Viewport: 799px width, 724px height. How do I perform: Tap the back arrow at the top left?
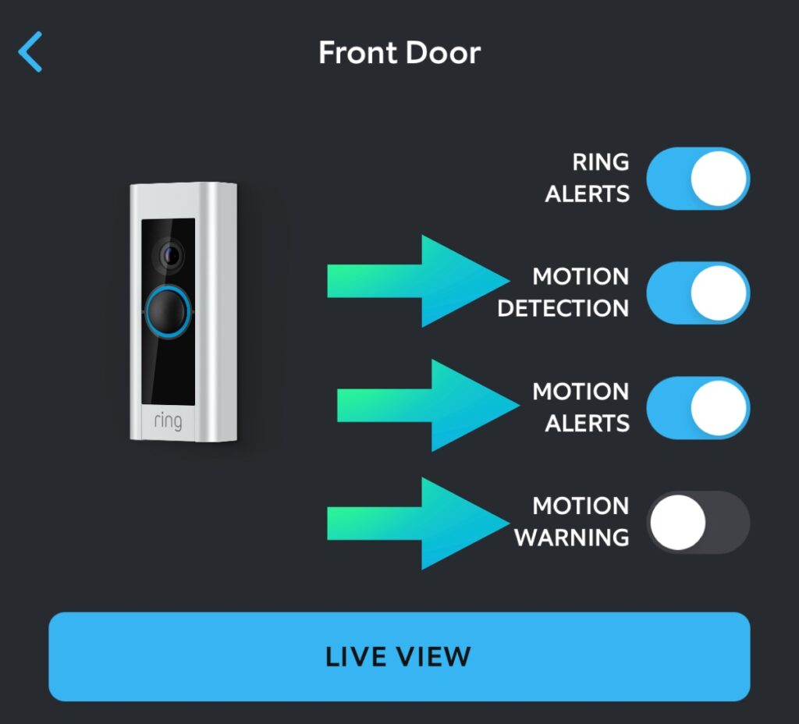tap(30, 52)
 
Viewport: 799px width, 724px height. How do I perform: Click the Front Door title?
tap(399, 53)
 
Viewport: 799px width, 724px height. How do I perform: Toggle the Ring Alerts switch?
tap(698, 179)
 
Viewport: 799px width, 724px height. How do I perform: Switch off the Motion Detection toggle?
tap(698, 293)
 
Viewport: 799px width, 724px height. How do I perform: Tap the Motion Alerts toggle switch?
tap(698, 407)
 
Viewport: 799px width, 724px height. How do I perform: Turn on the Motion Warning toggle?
tap(698, 522)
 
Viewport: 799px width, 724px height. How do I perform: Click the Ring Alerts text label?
tap(588, 178)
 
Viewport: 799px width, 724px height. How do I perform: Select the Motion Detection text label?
tap(563, 293)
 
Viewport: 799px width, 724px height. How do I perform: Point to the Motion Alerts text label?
tap(581, 407)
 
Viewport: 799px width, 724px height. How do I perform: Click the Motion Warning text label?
tap(572, 522)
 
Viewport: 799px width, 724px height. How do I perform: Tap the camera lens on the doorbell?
tap(169, 254)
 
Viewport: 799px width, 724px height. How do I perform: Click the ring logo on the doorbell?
tap(168, 421)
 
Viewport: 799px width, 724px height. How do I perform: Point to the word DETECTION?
tap(563, 308)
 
